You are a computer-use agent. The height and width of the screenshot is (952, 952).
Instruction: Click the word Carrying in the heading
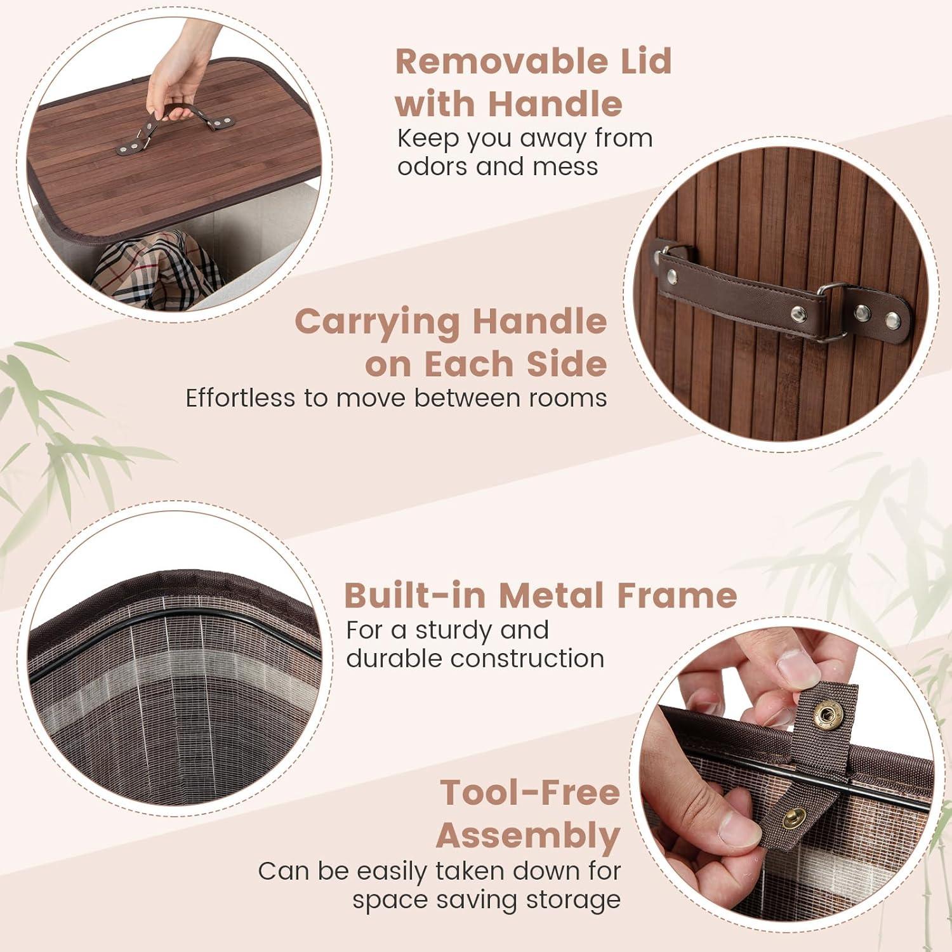[x=378, y=323]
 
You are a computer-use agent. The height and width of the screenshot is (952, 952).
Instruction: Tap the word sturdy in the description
[x=453, y=631]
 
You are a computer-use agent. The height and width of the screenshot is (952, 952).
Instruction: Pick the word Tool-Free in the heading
[x=530, y=793]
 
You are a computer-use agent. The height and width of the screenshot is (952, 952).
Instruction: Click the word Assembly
[x=528, y=836]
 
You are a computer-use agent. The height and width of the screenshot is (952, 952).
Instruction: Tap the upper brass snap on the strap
[x=826, y=717]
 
